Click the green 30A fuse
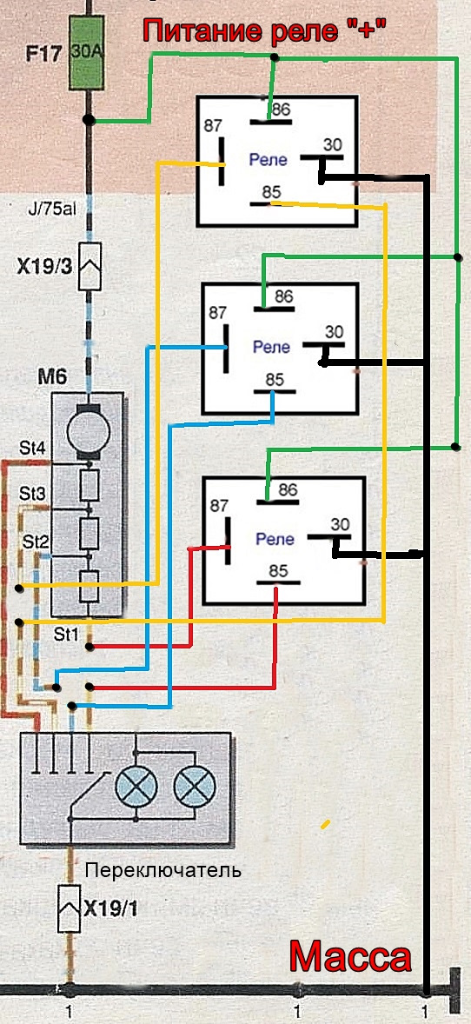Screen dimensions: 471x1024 click(87, 54)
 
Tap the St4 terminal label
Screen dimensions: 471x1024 click(33, 449)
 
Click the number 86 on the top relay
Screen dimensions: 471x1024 click(281, 110)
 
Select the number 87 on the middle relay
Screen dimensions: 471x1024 click(217, 313)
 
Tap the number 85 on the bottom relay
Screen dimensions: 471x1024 click(278, 571)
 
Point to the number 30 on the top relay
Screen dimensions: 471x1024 click(333, 145)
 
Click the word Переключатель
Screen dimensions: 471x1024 click(163, 870)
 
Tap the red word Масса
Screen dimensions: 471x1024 click(350, 957)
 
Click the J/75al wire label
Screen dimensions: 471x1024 click(51, 209)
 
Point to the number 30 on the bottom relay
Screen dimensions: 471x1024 click(341, 524)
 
